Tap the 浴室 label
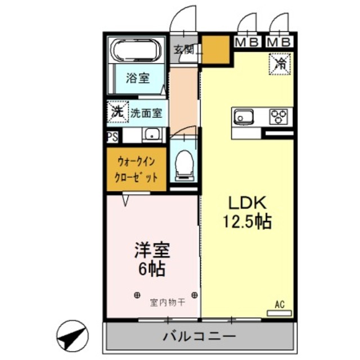(x=137, y=78)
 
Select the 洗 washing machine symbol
(x=116, y=111)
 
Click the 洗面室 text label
(x=146, y=112)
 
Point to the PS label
(x=112, y=136)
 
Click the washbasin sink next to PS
(x=151, y=135)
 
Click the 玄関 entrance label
(x=183, y=49)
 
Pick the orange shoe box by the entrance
(x=216, y=50)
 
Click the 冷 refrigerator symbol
(x=279, y=62)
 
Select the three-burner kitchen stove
(x=278, y=117)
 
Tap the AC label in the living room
(x=280, y=304)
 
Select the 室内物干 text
(x=166, y=302)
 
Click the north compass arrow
(x=73, y=336)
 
